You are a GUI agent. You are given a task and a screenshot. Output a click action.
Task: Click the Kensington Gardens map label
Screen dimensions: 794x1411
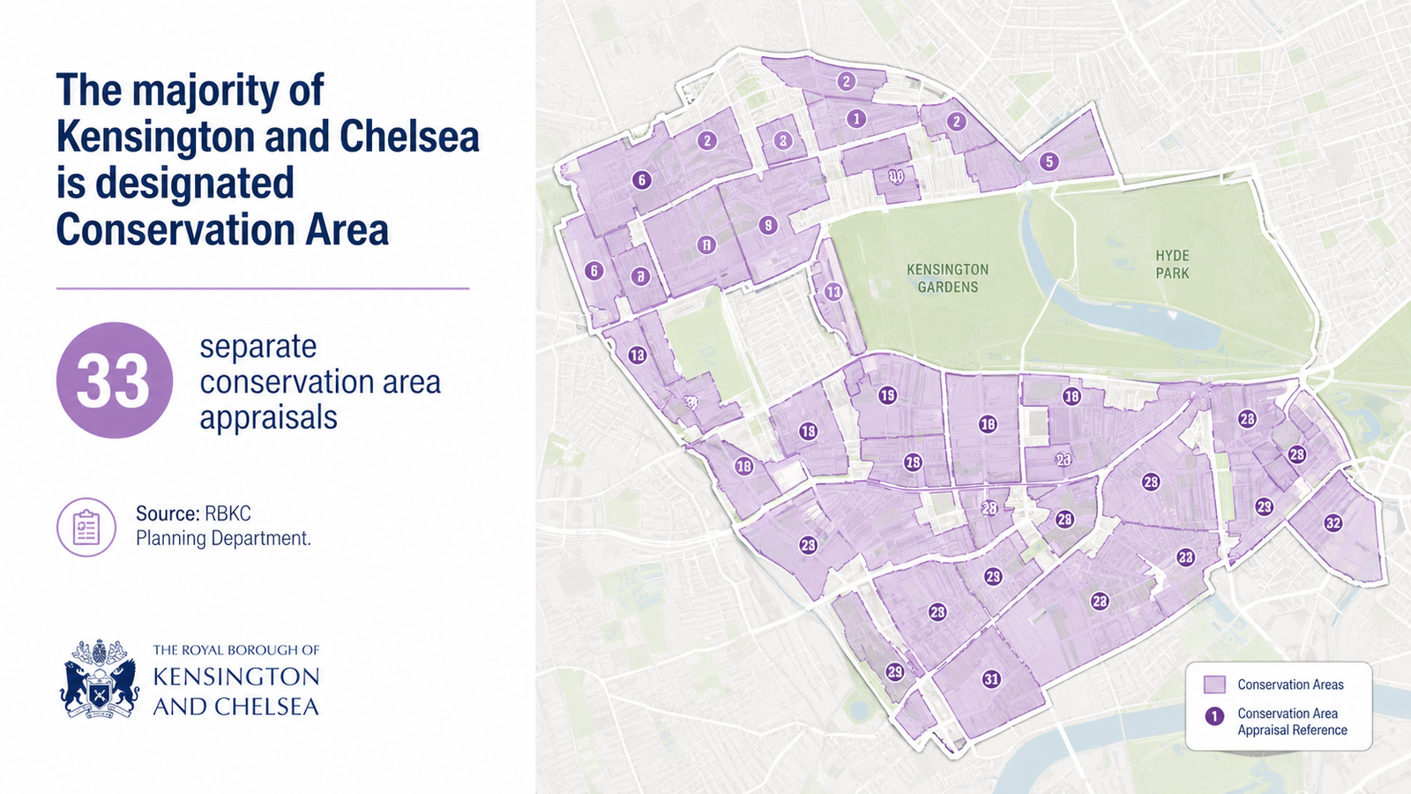click(x=947, y=278)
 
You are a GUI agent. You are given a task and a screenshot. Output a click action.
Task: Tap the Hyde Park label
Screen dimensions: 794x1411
click(x=1172, y=265)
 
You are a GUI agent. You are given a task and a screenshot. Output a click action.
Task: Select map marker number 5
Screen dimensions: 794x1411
click(x=1048, y=161)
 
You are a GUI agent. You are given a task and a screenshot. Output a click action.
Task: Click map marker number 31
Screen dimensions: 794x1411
click(x=991, y=678)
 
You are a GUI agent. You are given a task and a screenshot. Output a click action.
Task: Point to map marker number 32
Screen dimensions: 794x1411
click(x=1333, y=523)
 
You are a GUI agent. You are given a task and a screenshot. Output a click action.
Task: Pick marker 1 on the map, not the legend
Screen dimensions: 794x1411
click(x=855, y=118)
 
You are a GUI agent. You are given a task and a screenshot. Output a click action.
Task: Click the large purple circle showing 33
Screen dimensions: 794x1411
click(x=115, y=380)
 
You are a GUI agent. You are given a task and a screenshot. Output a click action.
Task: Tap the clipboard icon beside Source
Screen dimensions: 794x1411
click(x=86, y=527)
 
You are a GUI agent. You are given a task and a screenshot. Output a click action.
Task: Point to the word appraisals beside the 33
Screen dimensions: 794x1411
click(x=268, y=417)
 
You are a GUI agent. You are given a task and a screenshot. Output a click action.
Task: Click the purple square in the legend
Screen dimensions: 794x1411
click(x=1214, y=685)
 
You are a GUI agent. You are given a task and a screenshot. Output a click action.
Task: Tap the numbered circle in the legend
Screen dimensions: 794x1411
click(x=1214, y=715)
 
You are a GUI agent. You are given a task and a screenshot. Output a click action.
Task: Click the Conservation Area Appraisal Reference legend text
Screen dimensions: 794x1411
click(x=1291, y=722)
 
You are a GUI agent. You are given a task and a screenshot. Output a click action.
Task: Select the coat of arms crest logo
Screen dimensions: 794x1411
click(x=100, y=678)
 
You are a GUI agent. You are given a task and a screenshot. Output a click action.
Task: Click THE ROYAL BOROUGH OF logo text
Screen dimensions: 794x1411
click(x=235, y=650)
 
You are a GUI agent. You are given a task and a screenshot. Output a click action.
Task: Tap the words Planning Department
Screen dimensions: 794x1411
click(x=223, y=538)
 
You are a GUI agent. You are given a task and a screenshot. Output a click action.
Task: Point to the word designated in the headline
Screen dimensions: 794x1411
click(x=194, y=184)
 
